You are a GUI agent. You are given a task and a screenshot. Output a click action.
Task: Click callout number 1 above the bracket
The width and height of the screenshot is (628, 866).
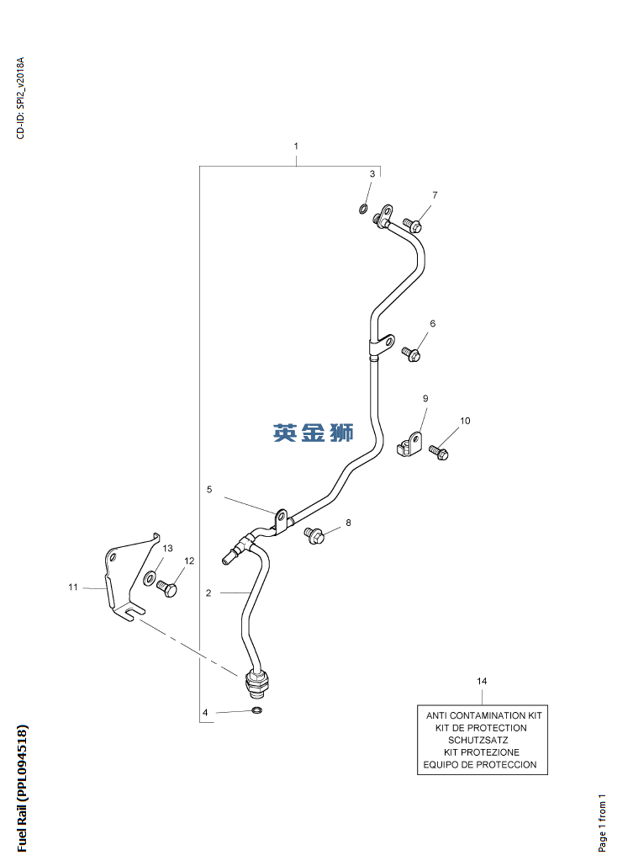pos(296,146)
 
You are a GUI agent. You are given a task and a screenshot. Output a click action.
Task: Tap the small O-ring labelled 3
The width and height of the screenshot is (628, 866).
pos(363,209)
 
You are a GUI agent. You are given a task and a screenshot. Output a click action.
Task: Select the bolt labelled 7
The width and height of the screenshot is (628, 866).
pos(412,224)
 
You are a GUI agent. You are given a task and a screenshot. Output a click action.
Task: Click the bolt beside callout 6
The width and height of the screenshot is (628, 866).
pos(411,353)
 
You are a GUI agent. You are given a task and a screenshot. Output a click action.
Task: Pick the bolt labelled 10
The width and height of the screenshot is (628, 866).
pos(439,452)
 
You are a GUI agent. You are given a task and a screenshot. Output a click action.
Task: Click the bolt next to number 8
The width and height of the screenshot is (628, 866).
pos(314,534)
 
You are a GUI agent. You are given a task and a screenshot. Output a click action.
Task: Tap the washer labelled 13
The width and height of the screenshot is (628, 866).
pos(150,578)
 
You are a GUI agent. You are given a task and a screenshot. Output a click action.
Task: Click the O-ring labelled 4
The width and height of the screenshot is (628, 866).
pos(257,709)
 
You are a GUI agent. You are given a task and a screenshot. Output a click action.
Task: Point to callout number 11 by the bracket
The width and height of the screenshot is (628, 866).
pos(73,587)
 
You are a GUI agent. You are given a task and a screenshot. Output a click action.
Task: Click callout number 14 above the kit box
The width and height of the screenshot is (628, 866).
pos(482,681)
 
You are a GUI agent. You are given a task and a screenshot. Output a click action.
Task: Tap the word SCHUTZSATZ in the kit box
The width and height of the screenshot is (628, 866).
pos(478,740)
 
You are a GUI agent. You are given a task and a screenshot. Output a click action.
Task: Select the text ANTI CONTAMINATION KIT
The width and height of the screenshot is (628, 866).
pos(484,715)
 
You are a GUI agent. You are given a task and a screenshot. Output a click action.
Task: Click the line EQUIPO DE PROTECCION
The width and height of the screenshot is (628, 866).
pos(480,764)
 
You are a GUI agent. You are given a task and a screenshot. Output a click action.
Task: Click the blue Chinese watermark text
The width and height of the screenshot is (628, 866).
pos(314,433)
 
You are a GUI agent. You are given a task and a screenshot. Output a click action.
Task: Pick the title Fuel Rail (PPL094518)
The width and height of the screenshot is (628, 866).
pos(22,788)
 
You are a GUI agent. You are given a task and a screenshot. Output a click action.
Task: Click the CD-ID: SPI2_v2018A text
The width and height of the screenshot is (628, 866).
pos(20,98)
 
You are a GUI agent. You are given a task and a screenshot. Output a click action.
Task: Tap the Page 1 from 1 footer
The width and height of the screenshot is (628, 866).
pos(602,823)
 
